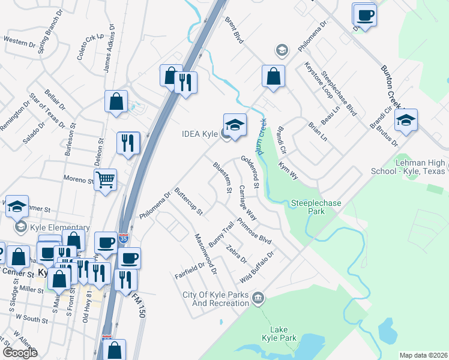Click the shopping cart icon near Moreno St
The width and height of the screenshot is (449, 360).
tap(106, 179)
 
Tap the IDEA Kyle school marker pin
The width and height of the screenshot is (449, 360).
tap(235, 125)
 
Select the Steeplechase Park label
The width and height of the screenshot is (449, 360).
tap(316, 207)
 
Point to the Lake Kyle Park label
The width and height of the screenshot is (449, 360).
tap(279, 334)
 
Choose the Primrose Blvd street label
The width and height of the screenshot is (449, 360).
tap(255, 230)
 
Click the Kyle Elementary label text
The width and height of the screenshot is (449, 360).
tap(60, 228)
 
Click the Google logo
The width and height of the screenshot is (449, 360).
tap(19, 352)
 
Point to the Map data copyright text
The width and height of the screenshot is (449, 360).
tap(423, 355)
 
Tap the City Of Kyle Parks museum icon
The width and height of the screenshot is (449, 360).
tap(259, 297)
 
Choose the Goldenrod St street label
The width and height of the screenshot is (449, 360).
tap(249, 171)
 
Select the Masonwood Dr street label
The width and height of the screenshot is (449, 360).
tap(205, 254)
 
